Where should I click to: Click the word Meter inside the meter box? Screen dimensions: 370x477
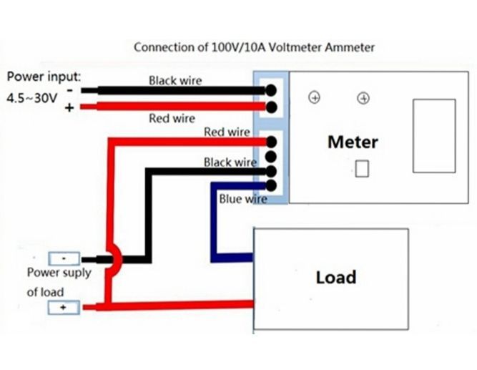point(352,141)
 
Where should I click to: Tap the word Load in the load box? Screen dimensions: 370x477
point(335,277)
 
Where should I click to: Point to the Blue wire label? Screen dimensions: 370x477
point(242,199)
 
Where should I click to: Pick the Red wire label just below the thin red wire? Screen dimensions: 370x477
point(172,118)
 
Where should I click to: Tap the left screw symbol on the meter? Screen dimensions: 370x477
point(313,97)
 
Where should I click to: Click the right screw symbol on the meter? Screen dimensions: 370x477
point(363,97)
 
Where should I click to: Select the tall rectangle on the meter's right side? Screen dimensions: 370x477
point(433,136)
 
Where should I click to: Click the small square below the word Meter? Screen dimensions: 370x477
point(362,169)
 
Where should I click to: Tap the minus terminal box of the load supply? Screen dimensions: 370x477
point(64,258)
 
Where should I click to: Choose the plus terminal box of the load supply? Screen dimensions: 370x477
point(64,308)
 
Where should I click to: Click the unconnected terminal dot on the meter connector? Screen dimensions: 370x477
point(272,156)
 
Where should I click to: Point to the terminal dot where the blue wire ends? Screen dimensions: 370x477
point(272,185)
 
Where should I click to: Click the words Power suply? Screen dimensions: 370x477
point(59,273)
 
